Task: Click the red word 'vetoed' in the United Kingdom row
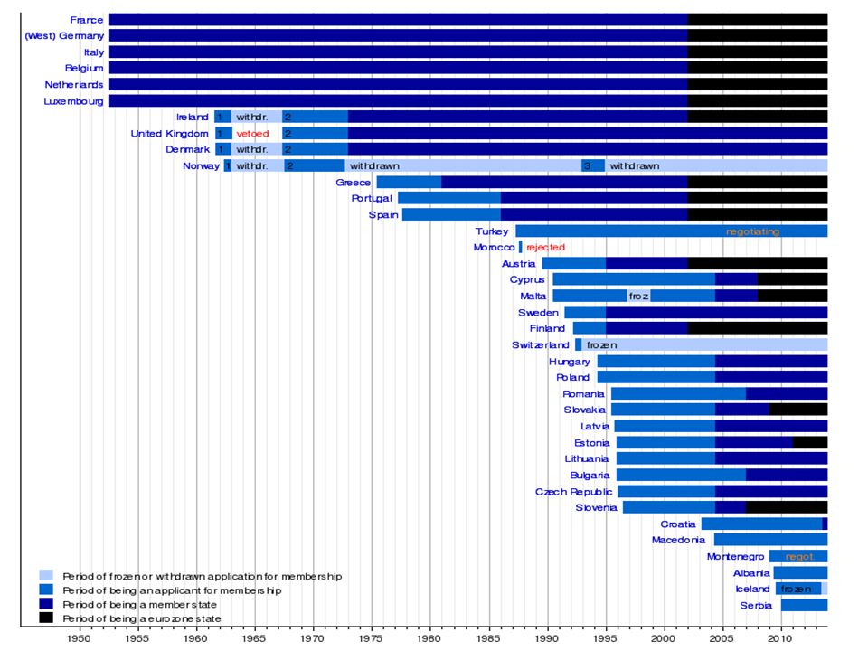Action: click(x=252, y=134)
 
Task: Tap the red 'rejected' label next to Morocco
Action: click(x=545, y=248)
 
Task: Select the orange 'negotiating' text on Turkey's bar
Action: click(x=752, y=231)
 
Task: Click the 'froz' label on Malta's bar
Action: click(x=638, y=297)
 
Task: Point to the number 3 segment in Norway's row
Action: click(x=593, y=165)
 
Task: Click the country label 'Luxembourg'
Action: click(x=73, y=101)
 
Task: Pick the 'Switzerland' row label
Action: click(x=541, y=344)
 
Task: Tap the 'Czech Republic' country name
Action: click(x=573, y=492)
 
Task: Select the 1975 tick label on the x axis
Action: click(x=372, y=638)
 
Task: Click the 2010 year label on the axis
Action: click(x=781, y=638)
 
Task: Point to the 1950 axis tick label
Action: click(x=80, y=638)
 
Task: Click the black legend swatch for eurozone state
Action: click(x=46, y=618)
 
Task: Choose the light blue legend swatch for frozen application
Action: click(x=46, y=576)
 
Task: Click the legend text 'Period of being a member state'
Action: click(x=139, y=605)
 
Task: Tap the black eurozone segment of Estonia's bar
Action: click(x=810, y=442)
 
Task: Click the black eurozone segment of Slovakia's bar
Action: click(x=798, y=410)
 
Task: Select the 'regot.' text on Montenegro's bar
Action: click(x=799, y=556)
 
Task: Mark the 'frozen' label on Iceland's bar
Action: click(x=796, y=589)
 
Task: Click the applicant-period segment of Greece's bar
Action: click(x=409, y=182)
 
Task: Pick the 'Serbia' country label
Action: click(x=756, y=606)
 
